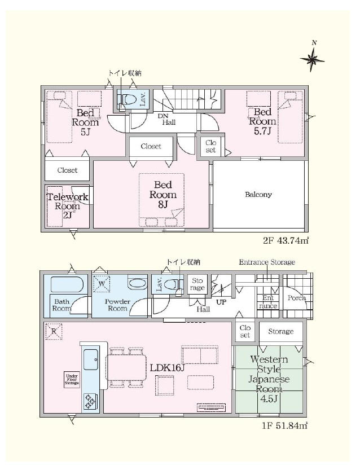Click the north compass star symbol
pyautogui.click(x=312, y=59)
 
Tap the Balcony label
pyautogui.click(x=258, y=194)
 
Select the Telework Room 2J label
pyautogui.click(x=67, y=206)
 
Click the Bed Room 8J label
pyautogui.click(x=163, y=194)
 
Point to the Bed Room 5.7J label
pyautogui.click(x=262, y=121)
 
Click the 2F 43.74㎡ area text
pyautogui.click(x=285, y=240)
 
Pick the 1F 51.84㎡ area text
pyautogui.click(x=284, y=425)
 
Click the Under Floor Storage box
pyautogui.click(x=72, y=379)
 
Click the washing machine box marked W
pyautogui.click(x=102, y=284)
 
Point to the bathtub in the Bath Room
pyautogui.click(x=67, y=285)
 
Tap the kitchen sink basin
pyautogui.click(x=91, y=359)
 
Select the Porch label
pyautogui.click(x=297, y=298)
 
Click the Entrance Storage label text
pyautogui.click(x=267, y=262)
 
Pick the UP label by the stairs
pyautogui.click(x=221, y=302)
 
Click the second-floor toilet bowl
pyautogui.click(x=129, y=99)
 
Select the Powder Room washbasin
pyautogui.click(x=138, y=284)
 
